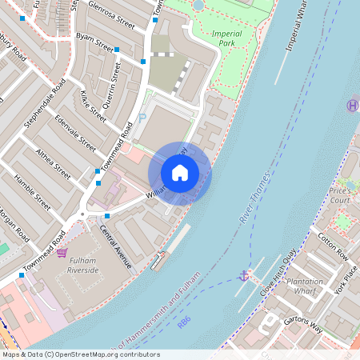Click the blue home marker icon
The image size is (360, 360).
click(180, 173)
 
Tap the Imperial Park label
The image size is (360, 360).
click(226, 39)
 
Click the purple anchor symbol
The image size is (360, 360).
click(243, 276)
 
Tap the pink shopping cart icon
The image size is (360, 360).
click(62, 253)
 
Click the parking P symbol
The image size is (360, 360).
click(142, 118)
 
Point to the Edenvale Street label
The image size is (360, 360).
click(75, 132)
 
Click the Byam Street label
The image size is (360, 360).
click(94, 41)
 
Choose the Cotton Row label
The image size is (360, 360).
click(333, 245)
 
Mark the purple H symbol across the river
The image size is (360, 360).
click(352, 105)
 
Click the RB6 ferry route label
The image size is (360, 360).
click(185, 322)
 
